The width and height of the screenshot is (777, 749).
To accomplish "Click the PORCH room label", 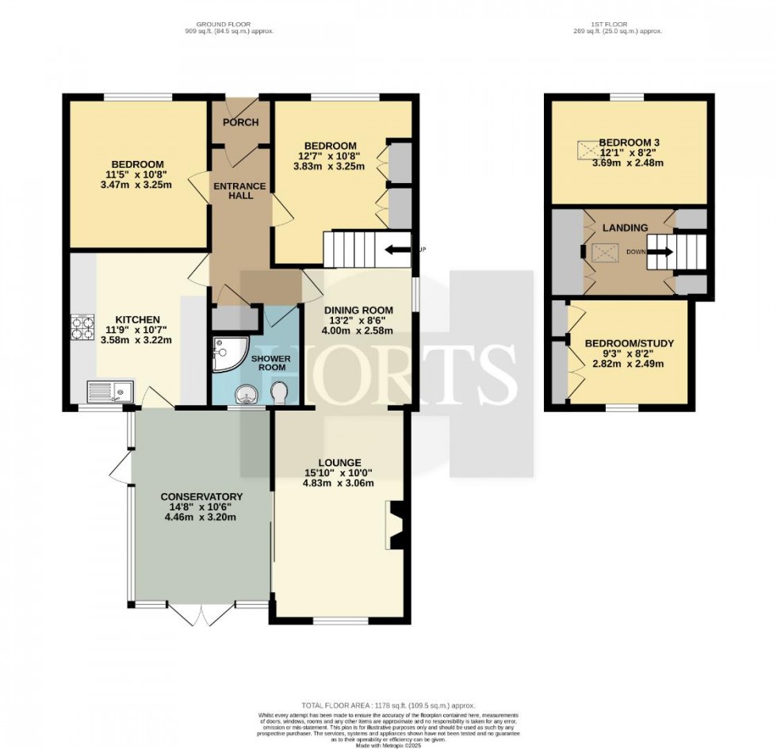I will point(240,122).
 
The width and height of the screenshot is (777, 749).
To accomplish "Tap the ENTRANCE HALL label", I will point(240,191).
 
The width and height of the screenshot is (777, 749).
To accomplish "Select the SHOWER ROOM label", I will point(271,363).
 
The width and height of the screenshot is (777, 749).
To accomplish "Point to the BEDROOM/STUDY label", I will point(630,343).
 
